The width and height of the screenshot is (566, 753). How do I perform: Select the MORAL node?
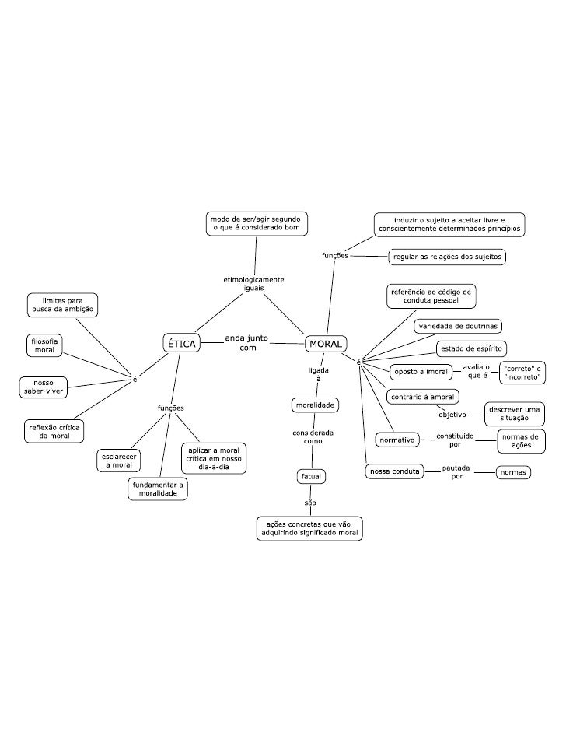[326, 343]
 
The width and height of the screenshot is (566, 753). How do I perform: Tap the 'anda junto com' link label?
[247, 343]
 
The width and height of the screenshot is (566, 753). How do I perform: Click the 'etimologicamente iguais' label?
[253, 283]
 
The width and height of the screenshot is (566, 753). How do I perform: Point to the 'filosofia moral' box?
[44, 345]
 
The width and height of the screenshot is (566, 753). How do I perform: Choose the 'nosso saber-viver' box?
[43, 387]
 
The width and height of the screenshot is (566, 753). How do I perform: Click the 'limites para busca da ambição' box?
[63, 304]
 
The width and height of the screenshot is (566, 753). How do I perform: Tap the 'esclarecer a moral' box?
[119, 460]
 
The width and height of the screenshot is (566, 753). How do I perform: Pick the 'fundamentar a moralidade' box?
[159, 489]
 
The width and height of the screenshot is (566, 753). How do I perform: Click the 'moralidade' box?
[314, 405]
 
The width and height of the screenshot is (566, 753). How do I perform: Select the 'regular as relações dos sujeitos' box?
[447, 256]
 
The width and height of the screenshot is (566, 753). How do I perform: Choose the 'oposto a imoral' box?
[420, 372]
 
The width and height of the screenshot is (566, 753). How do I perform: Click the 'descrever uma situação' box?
[515, 414]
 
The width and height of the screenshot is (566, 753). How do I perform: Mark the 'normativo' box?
[397, 440]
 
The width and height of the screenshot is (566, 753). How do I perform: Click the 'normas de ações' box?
[521, 441]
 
